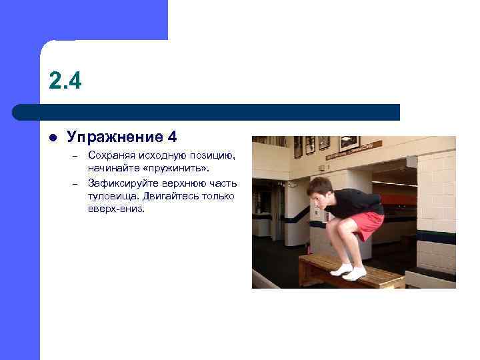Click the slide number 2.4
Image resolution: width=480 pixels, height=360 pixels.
(x=65, y=81)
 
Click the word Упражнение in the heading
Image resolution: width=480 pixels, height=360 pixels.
(x=115, y=137)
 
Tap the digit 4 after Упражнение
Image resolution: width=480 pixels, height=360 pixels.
(x=173, y=137)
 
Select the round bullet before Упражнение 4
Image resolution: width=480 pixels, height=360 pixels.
(x=53, y=137)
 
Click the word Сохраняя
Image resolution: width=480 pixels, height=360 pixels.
(x=110, y=155)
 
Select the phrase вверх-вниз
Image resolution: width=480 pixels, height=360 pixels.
(x=115, y=208)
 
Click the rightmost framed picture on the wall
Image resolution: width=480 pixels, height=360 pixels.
(x=349, y=142)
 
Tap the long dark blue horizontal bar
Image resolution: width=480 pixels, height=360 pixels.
(x=207, y=112)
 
